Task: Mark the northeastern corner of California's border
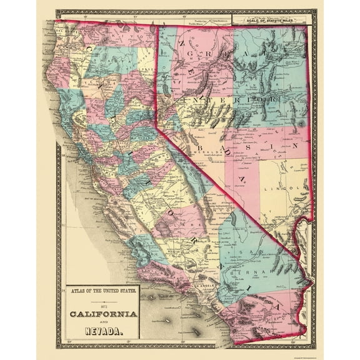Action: coord(156,26)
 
